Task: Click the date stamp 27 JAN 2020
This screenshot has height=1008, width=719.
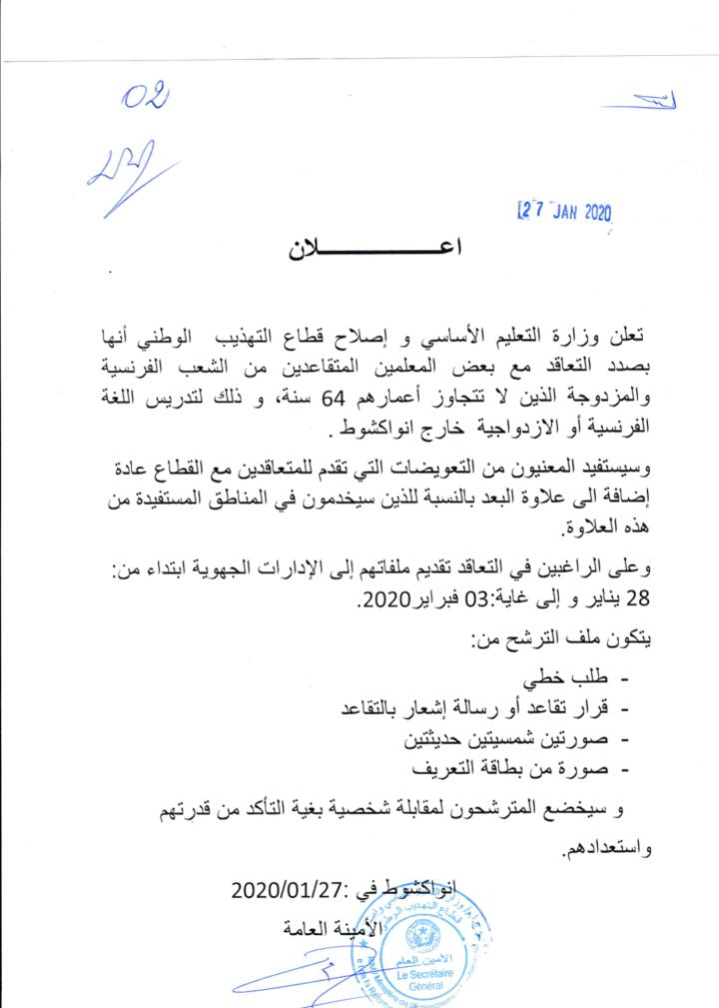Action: (x=564, y=211)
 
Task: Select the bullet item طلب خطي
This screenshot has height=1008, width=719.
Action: (x=564, y=679)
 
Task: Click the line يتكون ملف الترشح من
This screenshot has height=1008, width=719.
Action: (x=559, y=644)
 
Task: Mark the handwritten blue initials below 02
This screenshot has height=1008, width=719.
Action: (x=120, y=171)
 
